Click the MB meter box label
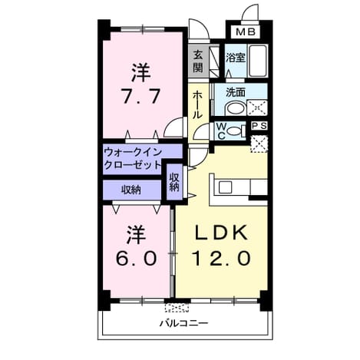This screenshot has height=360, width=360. tap(245, 32)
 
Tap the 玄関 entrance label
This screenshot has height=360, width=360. tap(198, 61)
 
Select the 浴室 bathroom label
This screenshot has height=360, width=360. tap(236, 58)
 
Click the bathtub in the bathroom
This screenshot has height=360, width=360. tap(258, 61)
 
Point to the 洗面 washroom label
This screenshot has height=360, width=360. tap(236, 92)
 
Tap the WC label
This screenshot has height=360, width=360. tap(222, 131)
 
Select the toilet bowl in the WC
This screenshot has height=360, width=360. tap(236, 131)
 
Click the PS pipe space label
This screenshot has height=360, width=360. tap(259, 126)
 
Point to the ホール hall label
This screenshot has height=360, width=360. tap(197, 105)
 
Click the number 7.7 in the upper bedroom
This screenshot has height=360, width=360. tap(141, 96)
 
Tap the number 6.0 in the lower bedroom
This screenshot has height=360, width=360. tap(136, 258)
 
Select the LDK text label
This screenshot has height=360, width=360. tap(221, 233)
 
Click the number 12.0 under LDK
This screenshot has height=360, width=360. tap(221, 258)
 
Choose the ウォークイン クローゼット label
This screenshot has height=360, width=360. tap(133, 159)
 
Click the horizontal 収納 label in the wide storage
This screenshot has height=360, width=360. tap(131, 190)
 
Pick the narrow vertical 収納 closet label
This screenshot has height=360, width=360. tap(174, 182)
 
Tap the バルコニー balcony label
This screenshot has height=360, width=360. tap(184, 323)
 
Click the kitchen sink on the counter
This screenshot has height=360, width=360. tap(225, 187)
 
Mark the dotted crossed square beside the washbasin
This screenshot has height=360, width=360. tap(257, 108)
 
